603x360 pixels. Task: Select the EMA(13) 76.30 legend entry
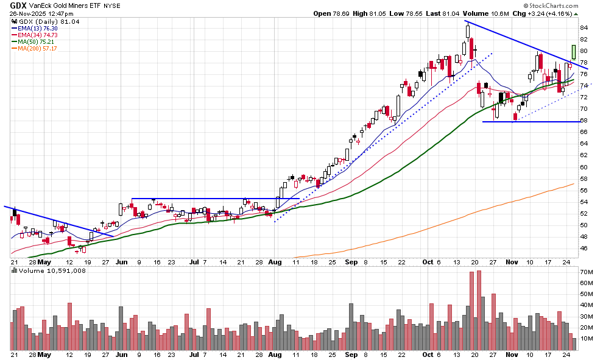[x=38, y=28]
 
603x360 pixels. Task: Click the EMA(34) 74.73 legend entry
[x=38, y=35]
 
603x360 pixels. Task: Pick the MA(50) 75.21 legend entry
[x=37, y=41]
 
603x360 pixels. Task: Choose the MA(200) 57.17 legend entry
[x=38, y=48]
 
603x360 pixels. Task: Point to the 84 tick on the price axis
[x=584, y=28]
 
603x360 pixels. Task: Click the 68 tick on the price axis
[x=584, y=121]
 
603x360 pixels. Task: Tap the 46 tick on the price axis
[x=584, y=249]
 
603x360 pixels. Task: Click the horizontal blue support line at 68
[x=530, y=122]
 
